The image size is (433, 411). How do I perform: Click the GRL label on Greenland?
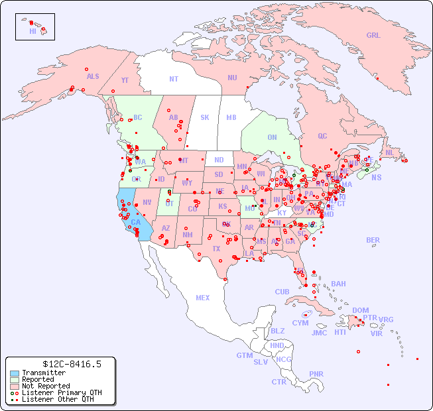pos(373,36)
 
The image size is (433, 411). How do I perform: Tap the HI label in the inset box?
pos(32,31)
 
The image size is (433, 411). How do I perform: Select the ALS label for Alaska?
pos(93,76)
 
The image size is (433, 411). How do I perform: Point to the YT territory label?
pos(125,80)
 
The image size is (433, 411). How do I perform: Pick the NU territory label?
pos(232,78)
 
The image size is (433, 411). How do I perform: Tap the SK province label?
pos(205,117)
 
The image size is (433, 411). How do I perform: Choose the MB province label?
pos(231,117)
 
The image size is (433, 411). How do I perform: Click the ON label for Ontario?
pos(272,137)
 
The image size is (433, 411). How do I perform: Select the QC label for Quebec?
pos(322,136)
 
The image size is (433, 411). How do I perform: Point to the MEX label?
pos(203,298)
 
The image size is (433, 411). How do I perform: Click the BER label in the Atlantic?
pos(373,240)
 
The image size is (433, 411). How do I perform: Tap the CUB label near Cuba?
pos(282,292)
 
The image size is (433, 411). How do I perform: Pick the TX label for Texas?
pos(216,249)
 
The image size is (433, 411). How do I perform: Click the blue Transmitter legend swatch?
pos(14,373)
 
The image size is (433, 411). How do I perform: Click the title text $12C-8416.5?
pos(72,364)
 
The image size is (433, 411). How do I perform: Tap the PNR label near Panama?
pos(316,374)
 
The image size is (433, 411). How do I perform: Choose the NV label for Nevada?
pos(147,202)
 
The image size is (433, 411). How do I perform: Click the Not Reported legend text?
pos(46,386)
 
